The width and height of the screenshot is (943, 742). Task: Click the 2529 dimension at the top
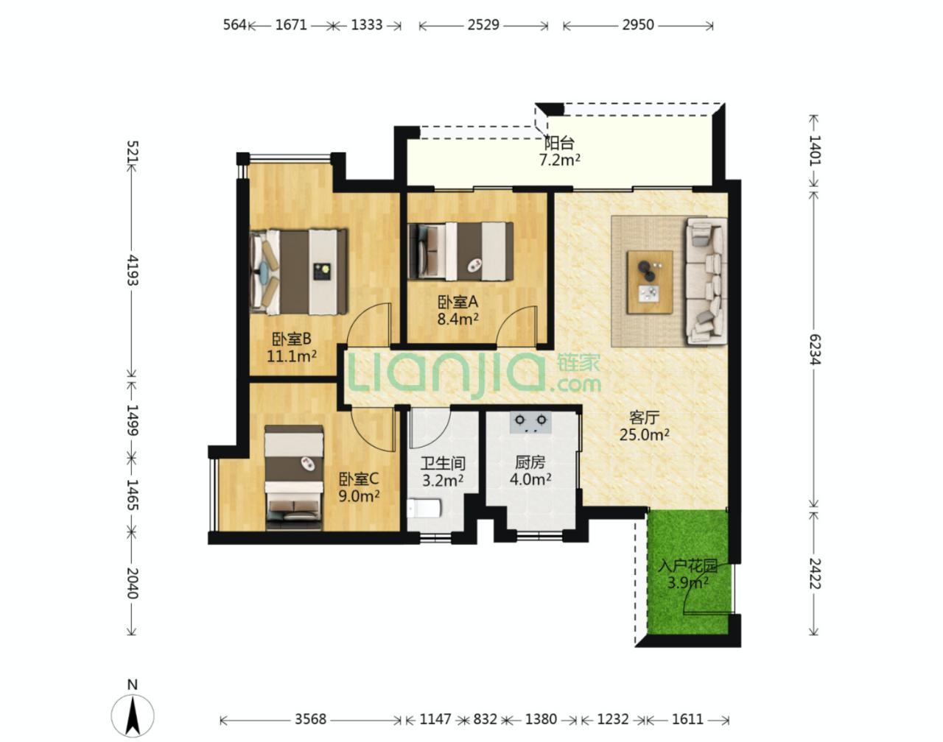(x=483, y=25)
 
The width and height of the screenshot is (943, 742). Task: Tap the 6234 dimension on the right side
(x=815, y=349)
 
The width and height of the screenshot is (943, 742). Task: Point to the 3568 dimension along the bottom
(x=311, y=719)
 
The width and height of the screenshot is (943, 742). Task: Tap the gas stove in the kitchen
(x=530, y=421)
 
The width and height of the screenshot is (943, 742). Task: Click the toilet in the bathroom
(x=424, y=509)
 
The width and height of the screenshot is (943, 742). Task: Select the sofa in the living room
(x=707, y=282)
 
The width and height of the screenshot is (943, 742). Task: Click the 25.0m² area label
(x=644, y=435)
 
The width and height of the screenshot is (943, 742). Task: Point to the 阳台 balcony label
(x=559, y=143)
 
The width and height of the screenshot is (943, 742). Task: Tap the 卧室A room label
(x=458, y=302)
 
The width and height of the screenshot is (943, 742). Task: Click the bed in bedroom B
(x=299, y=271)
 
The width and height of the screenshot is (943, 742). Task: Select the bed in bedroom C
(x=294, y=478)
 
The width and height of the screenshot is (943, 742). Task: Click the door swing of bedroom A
(x=519, y=325)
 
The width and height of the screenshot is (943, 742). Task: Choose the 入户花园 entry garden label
(x=688, y=566)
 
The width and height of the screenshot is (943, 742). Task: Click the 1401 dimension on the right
(x=815, y=150)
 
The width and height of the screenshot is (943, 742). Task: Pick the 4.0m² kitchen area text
(x=530, y=479)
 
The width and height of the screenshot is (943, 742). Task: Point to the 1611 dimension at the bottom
(x=687, y=719)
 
